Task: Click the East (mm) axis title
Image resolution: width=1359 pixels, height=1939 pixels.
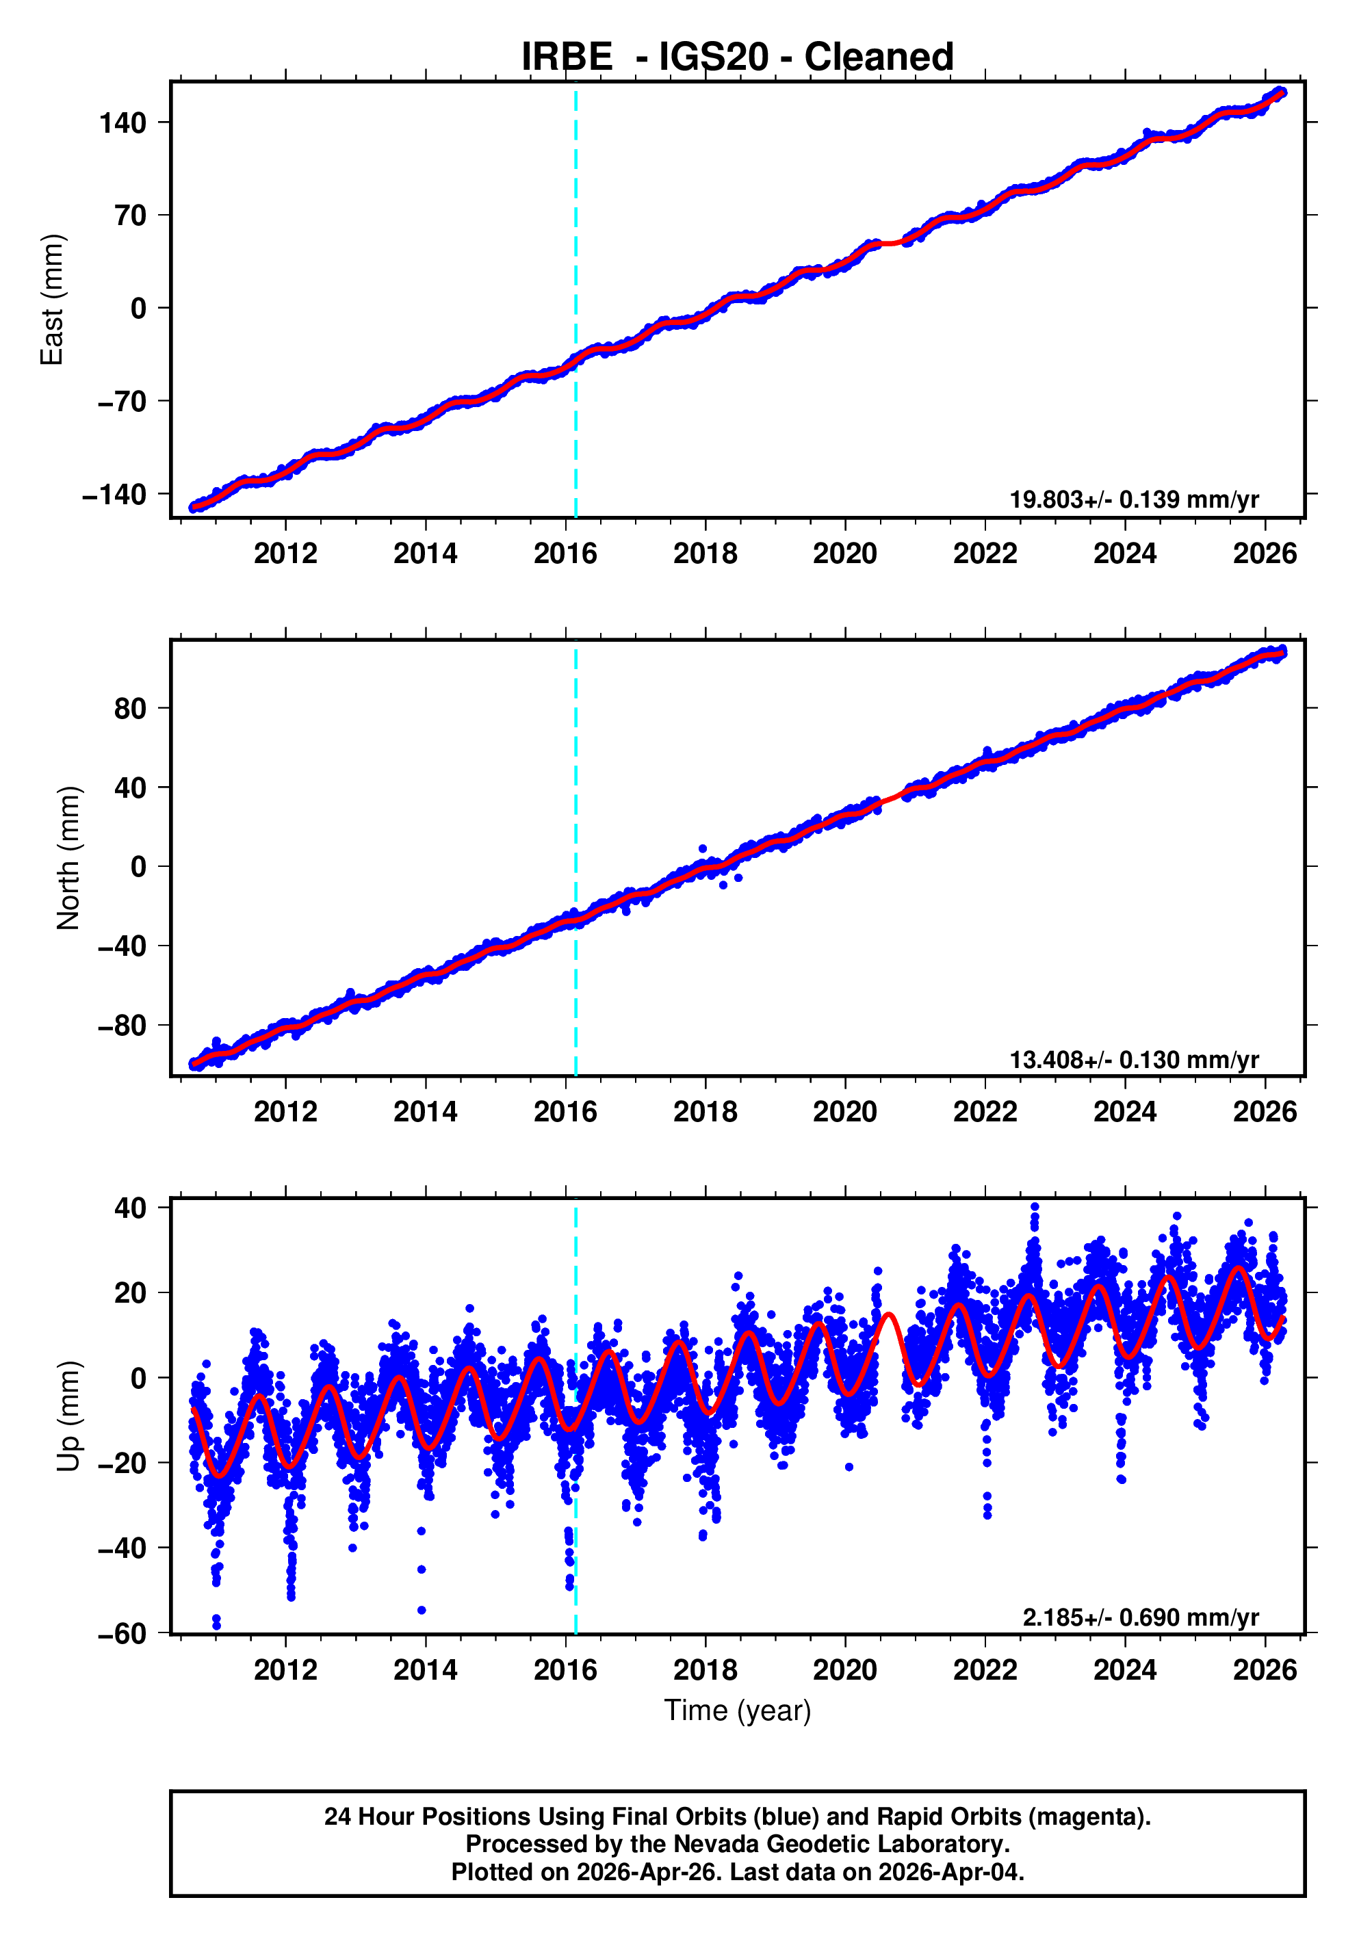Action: tap(53, 300)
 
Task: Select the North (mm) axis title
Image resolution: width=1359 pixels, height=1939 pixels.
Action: tap(68, 858)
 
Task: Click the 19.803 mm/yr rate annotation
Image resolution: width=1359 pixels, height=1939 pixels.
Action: tap(1133, 499)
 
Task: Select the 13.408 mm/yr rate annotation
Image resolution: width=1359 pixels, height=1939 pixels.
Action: tap(1133, 1059)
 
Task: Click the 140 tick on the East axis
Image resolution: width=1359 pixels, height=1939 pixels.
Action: tap(123, 123)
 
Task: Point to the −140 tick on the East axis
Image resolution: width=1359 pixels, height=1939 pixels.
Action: tap(114, 495)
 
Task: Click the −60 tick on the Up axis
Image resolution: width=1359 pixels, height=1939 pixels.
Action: tap(122, 1633)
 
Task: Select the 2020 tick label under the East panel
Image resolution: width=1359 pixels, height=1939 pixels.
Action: tap(844, 554)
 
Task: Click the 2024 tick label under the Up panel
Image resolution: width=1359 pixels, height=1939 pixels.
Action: tap(1124, 1669)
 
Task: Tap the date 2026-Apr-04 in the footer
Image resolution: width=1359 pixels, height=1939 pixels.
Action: tap(950, 1872)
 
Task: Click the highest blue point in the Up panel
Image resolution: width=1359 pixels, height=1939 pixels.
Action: tap(1035, 1207)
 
